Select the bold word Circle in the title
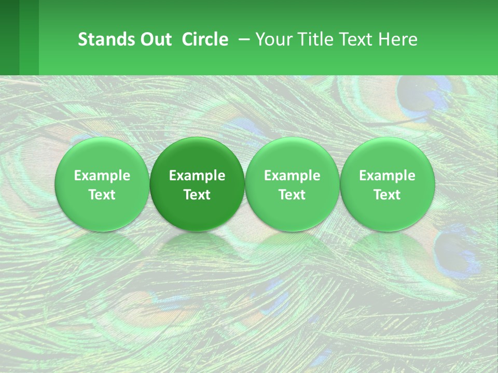pyautogui.click(x=205, y=39)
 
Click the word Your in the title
pyautogui.click(x=272, y=39)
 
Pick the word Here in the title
pyautogui.click(x=398, y=39)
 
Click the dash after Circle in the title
pyautogui.click(x=242, y=39)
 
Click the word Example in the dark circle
pyautogui.click(x=197, y=176)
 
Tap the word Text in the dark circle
pyautogui.click(x=197, y=195)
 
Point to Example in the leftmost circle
pyautogui.click(x=102, y=176)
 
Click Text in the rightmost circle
pyautogui.click(x=387, y=195)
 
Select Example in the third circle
pyautogui.click(x=292, y=176)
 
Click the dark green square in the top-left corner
pyautogui.click(x=9, y=37)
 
